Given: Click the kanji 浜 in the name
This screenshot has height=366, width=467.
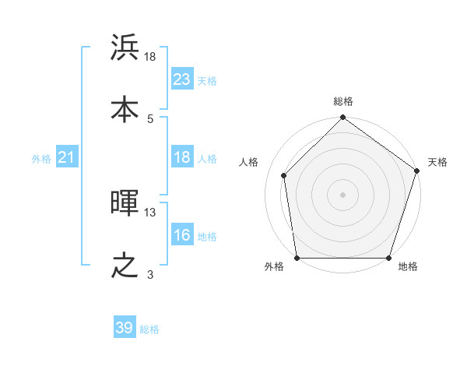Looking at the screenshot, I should (125, 48).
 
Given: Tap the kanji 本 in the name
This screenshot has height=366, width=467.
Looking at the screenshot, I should (125, 109).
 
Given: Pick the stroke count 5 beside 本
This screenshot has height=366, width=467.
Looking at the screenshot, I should (150, 118).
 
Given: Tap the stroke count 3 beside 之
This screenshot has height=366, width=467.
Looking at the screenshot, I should (150, 274).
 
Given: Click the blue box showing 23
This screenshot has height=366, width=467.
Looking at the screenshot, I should (182, 79).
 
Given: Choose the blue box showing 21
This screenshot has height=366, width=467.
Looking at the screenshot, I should (67, 158).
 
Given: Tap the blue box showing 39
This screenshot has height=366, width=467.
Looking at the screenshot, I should (125, 328).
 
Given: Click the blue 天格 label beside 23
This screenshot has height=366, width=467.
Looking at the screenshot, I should (207, 81).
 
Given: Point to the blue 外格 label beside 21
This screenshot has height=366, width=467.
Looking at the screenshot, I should (41, 159).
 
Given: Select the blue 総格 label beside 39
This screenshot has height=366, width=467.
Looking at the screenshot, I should (149, 329).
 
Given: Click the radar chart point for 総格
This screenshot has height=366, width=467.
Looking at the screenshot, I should (342, 118).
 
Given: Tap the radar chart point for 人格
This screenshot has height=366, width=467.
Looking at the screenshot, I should (284, 175).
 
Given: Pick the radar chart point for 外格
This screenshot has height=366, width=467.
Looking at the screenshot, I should (297, 258).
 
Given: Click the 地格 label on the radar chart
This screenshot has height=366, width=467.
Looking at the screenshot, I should (408, 267).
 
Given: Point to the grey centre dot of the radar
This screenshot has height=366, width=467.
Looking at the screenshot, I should (342, 195).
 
